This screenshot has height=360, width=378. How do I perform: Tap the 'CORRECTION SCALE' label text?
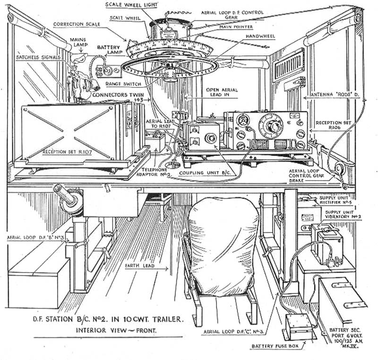tap(76, 24)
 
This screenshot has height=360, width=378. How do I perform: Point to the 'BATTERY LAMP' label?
tap(110, 51)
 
